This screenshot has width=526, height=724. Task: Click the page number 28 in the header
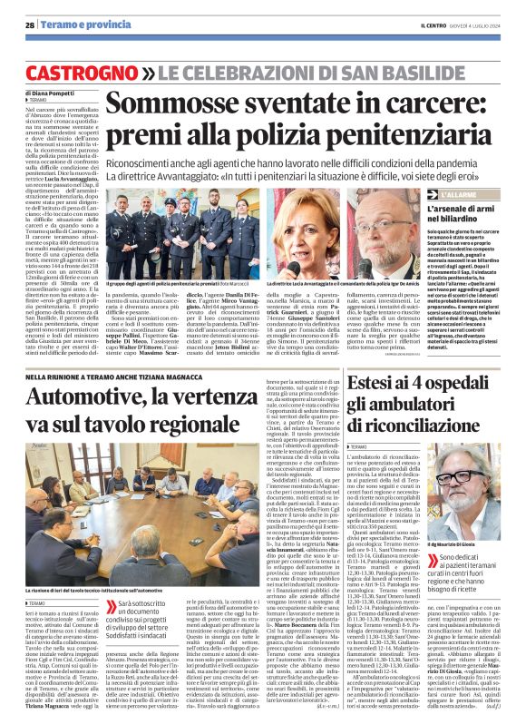[30, 24]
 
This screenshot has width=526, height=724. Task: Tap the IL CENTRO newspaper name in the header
[431, 24]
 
